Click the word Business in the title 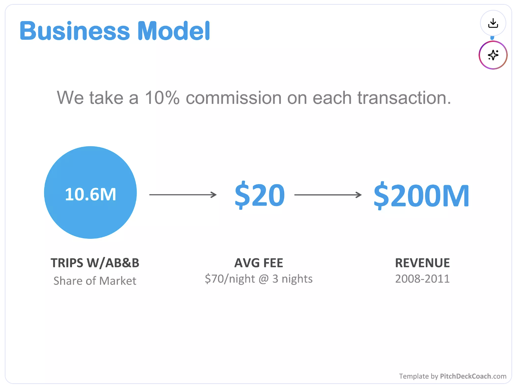[75, 31]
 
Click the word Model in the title [174, 31]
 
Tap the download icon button [493, 23]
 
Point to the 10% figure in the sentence [162, 98]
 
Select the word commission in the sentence [234, 98]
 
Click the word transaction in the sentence [404, 98]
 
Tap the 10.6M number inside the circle [91, 194]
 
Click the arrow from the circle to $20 [183, 195]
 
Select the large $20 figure [259, 195]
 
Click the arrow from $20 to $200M [328, 195]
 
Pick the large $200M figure [421, 196]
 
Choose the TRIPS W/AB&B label [95, 263]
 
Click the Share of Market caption [95, 281]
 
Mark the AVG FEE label [259, 263]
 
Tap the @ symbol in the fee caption [264, 279]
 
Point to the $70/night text [230, 279]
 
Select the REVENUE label [422, 263]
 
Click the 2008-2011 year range [422, 279]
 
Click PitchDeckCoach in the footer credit [465, 376]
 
